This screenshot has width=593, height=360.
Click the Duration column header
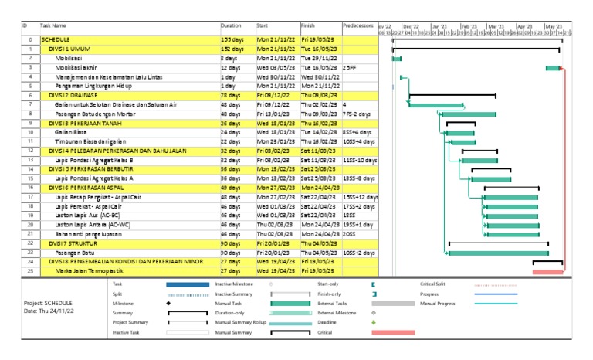[231, 25]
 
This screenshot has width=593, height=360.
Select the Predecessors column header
[359, 25]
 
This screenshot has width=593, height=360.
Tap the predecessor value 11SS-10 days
[360, 160]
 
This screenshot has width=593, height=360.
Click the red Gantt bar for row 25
[547, 272]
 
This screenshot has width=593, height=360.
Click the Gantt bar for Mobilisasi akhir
[553, 68]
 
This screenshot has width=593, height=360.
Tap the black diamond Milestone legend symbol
[168, 304]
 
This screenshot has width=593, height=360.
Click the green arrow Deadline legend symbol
[373, 322]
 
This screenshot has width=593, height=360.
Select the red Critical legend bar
[393, 332]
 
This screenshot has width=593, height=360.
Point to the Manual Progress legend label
[439, 304]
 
